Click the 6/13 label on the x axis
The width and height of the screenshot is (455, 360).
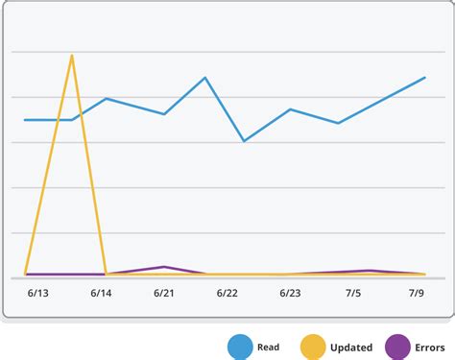[x=39, y=293]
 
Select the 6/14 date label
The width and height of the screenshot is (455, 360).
[x=102, y=293]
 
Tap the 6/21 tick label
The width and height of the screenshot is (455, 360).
[x=164, y=293]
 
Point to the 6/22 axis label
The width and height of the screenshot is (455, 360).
[x=227, y=293]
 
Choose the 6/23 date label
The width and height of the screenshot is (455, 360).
[x=290, y=293]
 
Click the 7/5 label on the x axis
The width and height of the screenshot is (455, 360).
[x=353, y=293]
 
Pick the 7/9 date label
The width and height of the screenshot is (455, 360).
[x=417, y=293]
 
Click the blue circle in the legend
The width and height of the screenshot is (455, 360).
[x=240, y=346]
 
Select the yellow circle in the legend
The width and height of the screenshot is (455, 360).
[x=313, y=346]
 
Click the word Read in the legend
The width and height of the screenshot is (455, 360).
[x=269, y=347]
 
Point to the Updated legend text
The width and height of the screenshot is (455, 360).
[x=351, y=347]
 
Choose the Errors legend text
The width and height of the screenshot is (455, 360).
[x=431, y=347]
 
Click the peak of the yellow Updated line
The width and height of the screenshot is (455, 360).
[x=72, y=55]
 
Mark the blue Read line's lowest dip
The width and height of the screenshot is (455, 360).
[x=244, y=141]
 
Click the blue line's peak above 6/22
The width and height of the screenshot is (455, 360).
[x=205, y=78]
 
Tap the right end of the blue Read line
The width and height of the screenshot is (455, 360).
[x=425, y=78]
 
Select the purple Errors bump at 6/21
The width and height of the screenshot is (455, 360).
[x=164, y=267]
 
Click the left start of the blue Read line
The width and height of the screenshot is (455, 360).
[x=26, y=120]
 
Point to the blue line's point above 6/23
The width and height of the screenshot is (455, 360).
[x=290, y=109]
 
